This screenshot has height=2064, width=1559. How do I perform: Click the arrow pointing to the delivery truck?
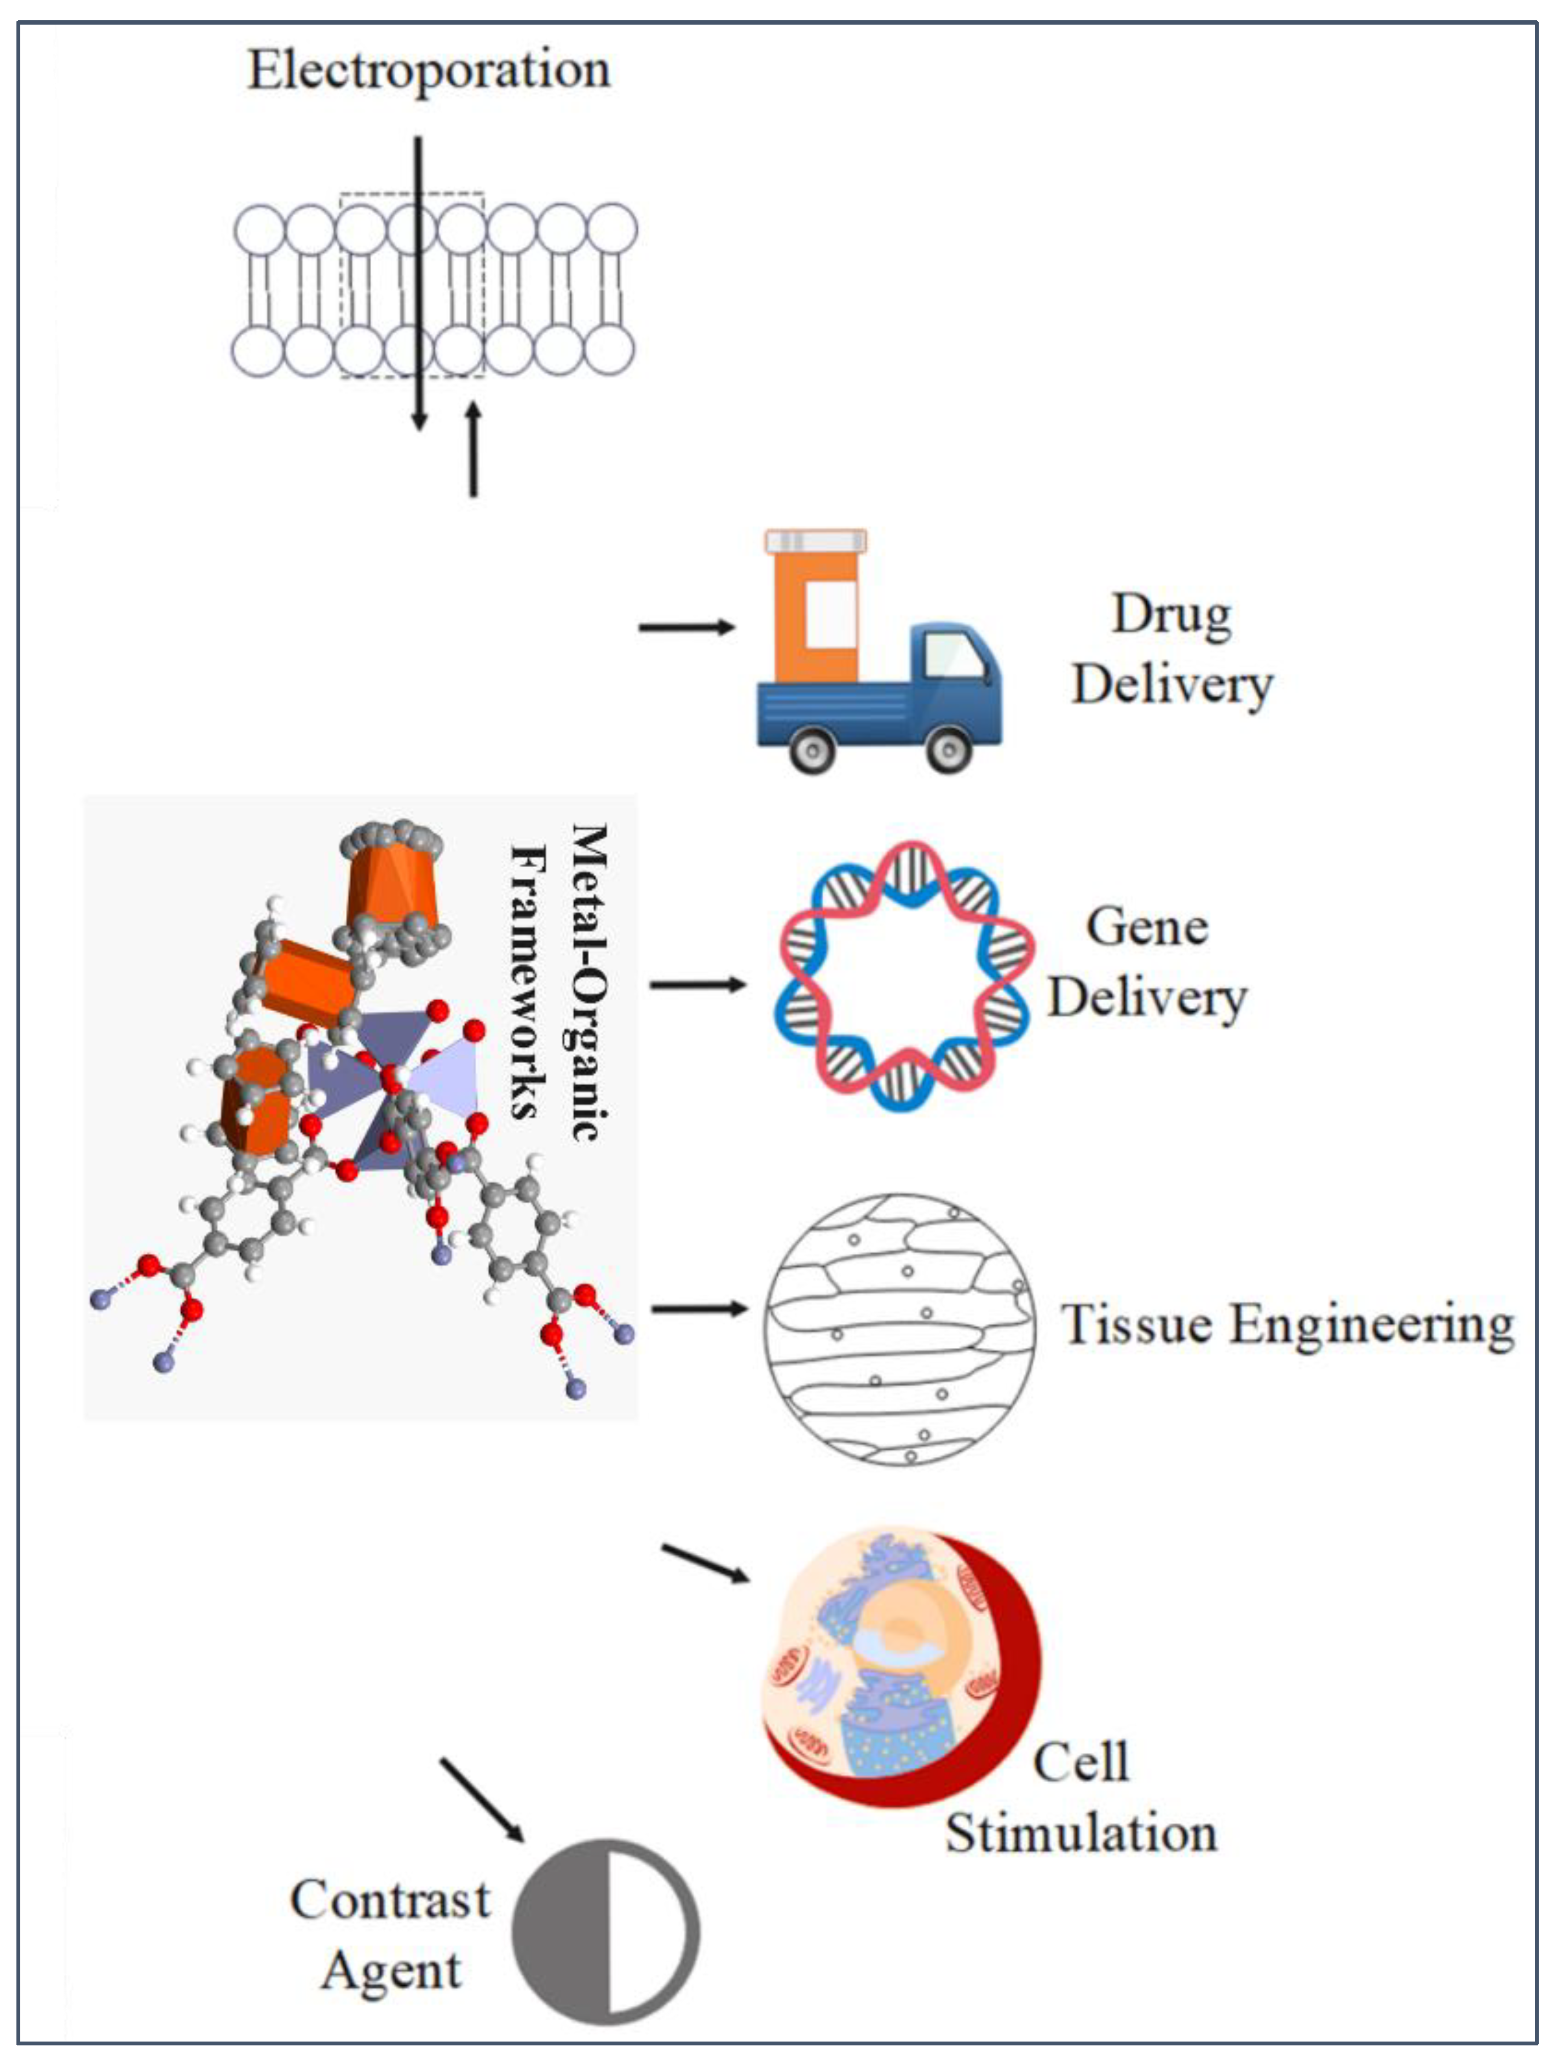tap(686, 627)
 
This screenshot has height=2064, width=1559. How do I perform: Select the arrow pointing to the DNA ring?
tap(697, 984)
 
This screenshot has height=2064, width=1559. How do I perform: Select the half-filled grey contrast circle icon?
tap(607, 1932)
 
